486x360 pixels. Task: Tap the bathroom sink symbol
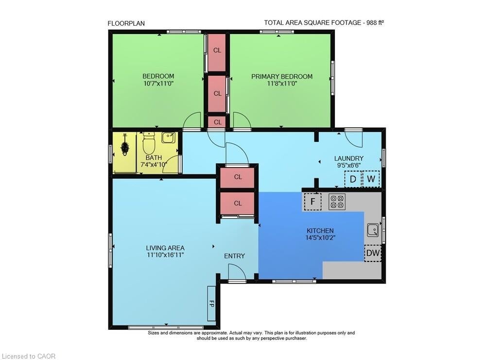169,137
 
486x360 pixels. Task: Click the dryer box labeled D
353,179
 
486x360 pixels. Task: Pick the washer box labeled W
371,179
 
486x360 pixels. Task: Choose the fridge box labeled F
312,202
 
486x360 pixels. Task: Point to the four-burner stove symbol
337,202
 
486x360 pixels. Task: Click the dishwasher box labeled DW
373,253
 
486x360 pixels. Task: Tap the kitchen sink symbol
373,230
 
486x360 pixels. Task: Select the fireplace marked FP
212,304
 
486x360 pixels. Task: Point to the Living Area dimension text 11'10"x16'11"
165,255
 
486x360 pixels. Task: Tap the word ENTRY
234,256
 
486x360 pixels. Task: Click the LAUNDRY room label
348,158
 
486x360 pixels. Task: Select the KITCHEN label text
320,230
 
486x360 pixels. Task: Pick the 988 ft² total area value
375,22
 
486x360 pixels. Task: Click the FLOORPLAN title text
126,23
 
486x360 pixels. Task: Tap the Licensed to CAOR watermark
28,356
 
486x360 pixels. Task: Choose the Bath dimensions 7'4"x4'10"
154,165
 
